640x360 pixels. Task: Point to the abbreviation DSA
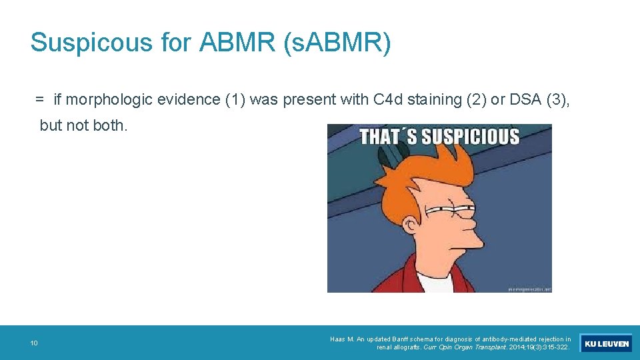(525, 100)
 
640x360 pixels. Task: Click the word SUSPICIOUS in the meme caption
(470, 137)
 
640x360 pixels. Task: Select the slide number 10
(33, 343)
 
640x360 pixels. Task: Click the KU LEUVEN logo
(606, 343)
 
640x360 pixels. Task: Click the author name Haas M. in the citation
(342, 339)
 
